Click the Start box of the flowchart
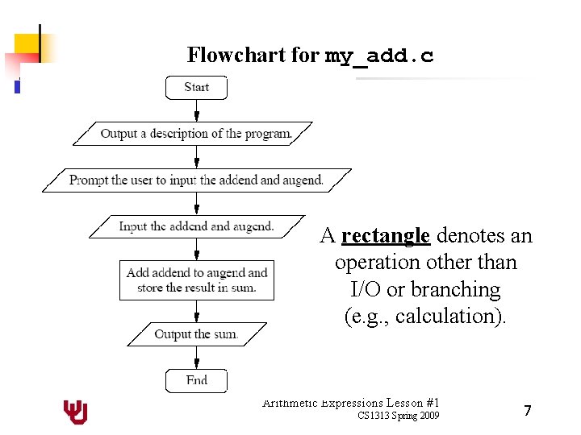[196, 88]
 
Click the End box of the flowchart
[196, 380]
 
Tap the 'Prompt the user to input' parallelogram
[196, 180]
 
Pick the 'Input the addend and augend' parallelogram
[196, 227]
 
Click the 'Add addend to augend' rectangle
[196, 280]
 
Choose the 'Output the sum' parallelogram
[196, 334]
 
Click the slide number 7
[527, 411]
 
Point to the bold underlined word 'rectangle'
[386, 236]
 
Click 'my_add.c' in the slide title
[379, 56]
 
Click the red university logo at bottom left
[76, 412]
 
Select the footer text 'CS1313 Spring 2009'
[399, 416]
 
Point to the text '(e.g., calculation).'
[426, 316]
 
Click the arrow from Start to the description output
[196, 110]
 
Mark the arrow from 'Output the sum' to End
[196, 357]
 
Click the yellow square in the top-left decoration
[27, 43]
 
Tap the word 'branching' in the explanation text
[460, 289]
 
